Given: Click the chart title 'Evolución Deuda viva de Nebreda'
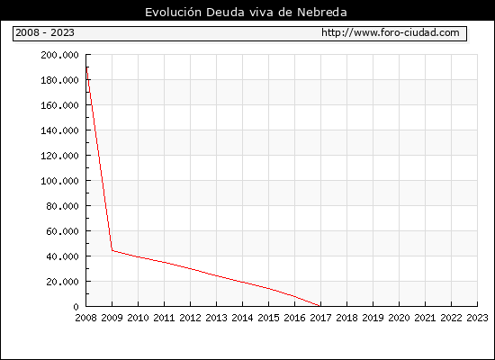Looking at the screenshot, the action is pos(246,13).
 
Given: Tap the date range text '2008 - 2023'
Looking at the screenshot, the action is pos(45,32).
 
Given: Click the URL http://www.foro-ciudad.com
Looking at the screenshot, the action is pos(391,32).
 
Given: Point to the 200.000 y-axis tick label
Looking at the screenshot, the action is pos(59,55).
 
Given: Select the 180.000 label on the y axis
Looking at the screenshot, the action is pos(59,80).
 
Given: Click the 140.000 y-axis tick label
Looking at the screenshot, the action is pos(59,130).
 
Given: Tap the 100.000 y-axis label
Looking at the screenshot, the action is pos(59,181).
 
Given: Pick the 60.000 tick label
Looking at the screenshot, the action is pos(62,231).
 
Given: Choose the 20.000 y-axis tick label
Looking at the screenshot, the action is pos(62,282).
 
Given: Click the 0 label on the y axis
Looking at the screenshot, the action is pos(76,307).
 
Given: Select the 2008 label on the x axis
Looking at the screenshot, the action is pos(85,318).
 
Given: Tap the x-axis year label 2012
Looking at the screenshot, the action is pos(191,318).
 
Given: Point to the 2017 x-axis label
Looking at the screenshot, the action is pos(320,318).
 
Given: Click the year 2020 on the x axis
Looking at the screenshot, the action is pos(399,318).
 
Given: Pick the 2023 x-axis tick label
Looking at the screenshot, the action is pos(477,318).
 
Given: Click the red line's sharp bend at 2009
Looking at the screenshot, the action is pos(112,251).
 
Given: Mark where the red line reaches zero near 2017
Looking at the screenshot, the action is pos(320,306).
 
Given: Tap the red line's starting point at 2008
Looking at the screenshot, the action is pos(86,67).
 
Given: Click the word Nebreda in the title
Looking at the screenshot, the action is pos(322,13).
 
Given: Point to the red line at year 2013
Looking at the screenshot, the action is pos(217,275).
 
